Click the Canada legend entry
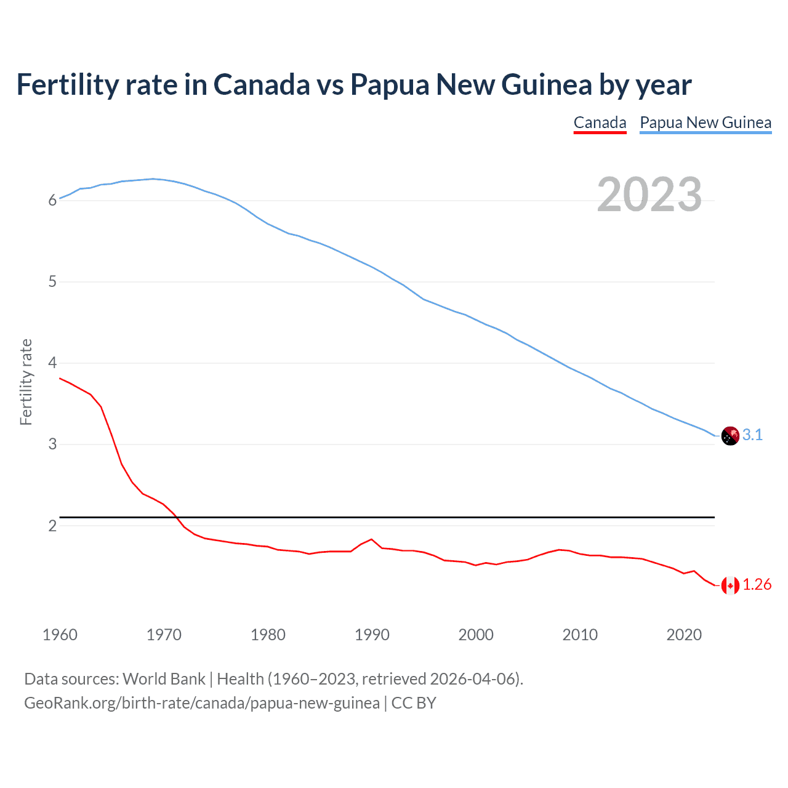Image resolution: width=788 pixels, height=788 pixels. point(600,123)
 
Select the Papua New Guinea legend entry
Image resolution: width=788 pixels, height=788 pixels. point(706,123)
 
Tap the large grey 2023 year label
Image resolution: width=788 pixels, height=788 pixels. point(649,195)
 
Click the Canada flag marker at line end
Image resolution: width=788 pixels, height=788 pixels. point(730,585)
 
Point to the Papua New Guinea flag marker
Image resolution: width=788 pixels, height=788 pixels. point(730,436)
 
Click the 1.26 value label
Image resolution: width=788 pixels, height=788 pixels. point(757,585)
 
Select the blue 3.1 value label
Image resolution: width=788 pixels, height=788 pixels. point(752,435)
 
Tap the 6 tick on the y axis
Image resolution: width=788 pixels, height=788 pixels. point(52,200)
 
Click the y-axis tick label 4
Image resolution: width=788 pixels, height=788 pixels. point(52,363)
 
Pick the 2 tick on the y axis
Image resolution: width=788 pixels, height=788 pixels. point(52,526)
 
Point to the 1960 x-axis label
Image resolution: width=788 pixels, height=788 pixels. point(60,635)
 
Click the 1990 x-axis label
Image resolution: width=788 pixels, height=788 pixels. point(372,635)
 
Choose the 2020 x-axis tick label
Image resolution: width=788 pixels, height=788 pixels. point(684,635)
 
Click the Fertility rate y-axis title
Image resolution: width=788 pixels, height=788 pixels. point(26,382)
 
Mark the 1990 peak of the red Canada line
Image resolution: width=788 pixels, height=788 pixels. point(371,539)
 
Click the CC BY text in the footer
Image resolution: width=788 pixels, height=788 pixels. point(414,703)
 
